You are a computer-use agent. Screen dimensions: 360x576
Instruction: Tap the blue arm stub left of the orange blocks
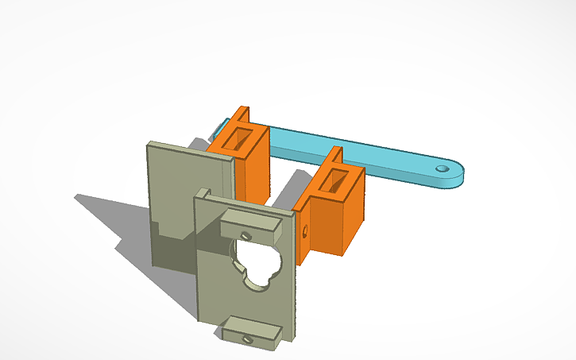coord(215,128)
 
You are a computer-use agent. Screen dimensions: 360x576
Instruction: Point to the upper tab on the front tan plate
coord(249,223)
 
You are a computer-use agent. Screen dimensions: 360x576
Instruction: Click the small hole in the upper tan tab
coord(248,236)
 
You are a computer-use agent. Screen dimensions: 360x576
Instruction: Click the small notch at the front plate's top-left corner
coord(203,193)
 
